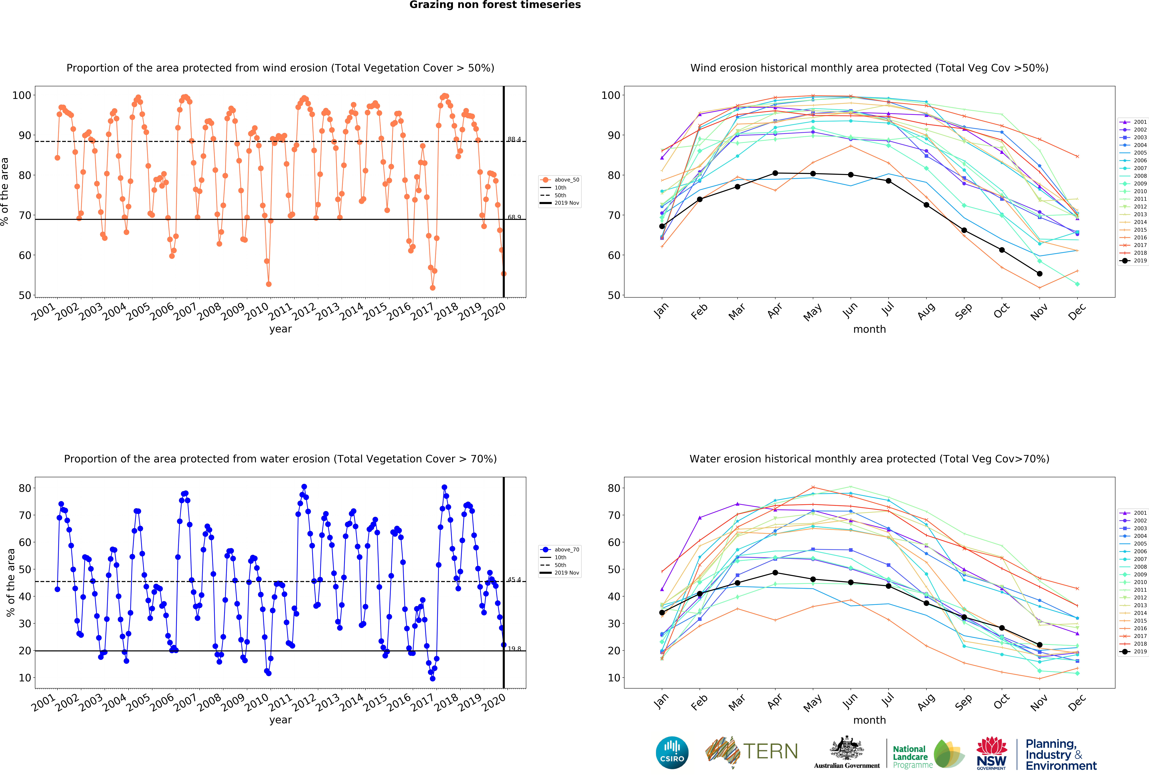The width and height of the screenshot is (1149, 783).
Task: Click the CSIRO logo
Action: point(672,753)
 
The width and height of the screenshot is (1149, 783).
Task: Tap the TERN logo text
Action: point(770,751)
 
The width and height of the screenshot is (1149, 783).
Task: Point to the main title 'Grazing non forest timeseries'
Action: point(495,5)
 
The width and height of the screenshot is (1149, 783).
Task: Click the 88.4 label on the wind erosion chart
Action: point(514,139)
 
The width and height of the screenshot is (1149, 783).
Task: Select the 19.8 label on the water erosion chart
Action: point(514,649)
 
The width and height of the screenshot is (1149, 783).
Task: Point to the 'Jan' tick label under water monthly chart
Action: point(661,701)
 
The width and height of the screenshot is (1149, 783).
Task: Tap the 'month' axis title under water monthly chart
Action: point(869,720)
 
